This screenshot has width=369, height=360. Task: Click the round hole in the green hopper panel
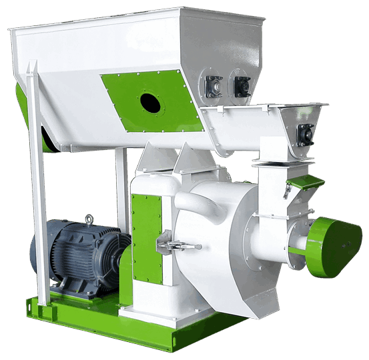click(x=150, y=102)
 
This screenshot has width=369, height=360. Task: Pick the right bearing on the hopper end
click(x=241, y=85)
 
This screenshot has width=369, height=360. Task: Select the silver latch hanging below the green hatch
click(x=287, y=193)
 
